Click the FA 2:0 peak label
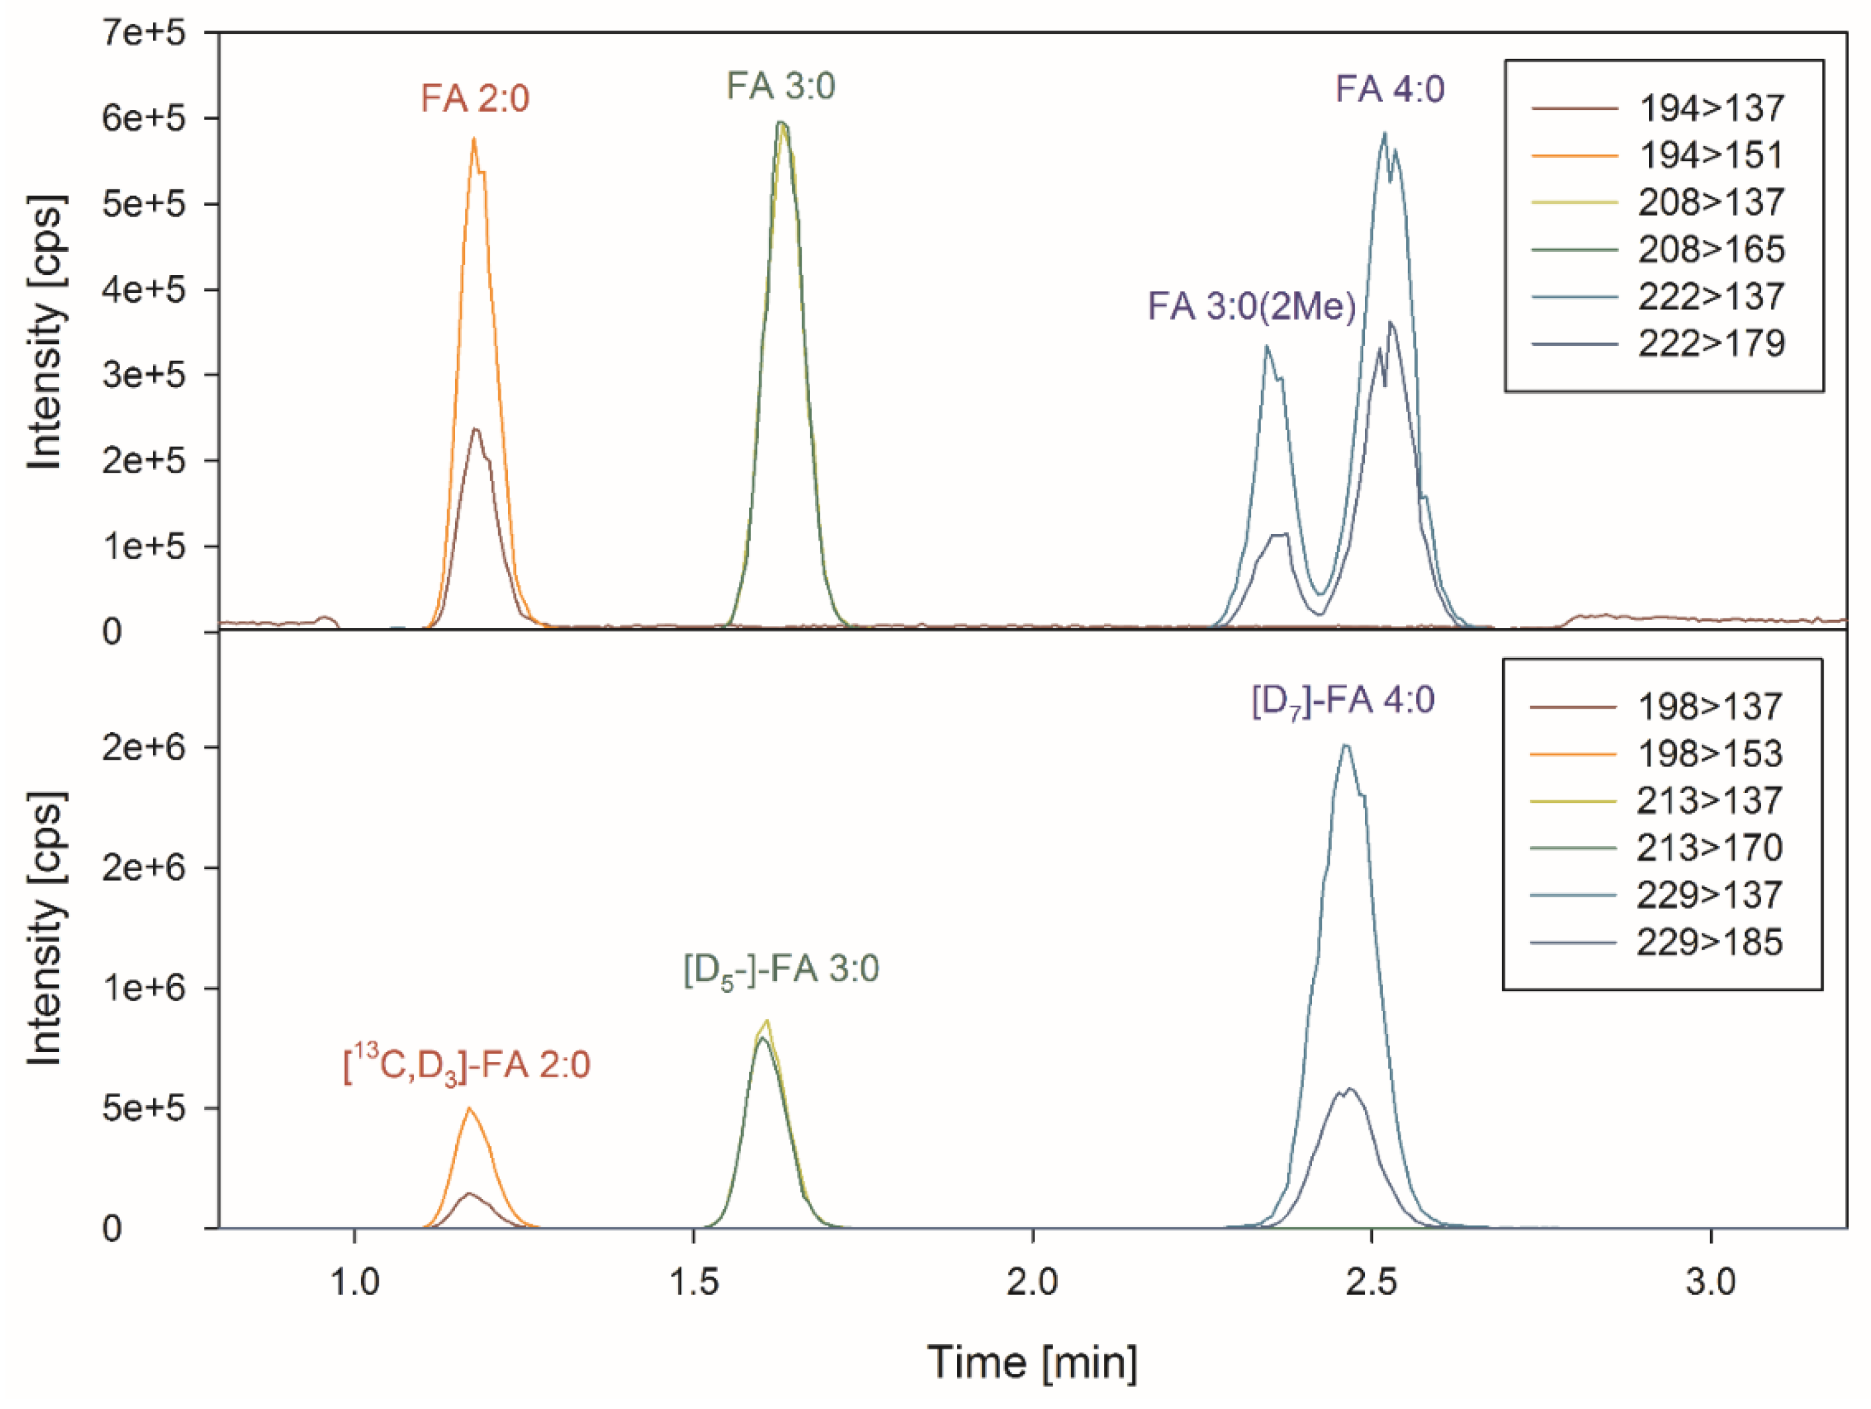tap(475, 99)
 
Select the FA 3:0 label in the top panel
tap(780, 86)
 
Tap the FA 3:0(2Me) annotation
tap(1251, 306)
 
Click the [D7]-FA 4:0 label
tap(1342, 701)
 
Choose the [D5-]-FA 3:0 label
tap(780, 969)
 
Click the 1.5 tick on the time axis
tap(694, 1282)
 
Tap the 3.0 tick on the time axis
tap(1710, 1282)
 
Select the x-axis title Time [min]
tap(1032, 1362)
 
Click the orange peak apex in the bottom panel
tap(470, 1109)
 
